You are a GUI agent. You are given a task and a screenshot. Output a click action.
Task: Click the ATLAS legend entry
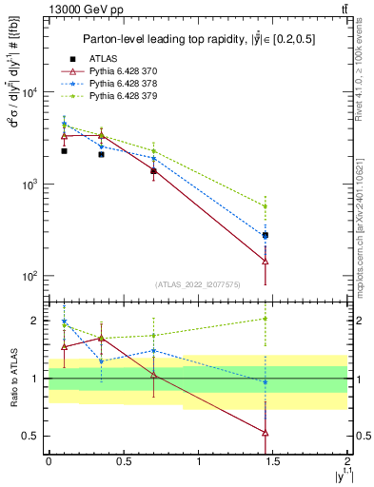click(x=103, y=59)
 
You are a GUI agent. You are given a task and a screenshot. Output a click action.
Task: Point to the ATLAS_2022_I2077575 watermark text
click(x=198, y=284)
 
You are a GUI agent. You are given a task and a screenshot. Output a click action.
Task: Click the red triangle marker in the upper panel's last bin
click(x=265, y=261)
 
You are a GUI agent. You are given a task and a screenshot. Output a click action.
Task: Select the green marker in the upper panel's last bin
click(x=265, y=205)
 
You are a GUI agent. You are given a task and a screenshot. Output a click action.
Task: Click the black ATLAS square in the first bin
click(x=64, y=150)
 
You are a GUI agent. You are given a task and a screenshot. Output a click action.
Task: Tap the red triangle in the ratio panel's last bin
click(x=265, y=433)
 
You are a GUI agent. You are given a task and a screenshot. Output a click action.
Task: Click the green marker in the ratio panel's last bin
click(x=265, y=319)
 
